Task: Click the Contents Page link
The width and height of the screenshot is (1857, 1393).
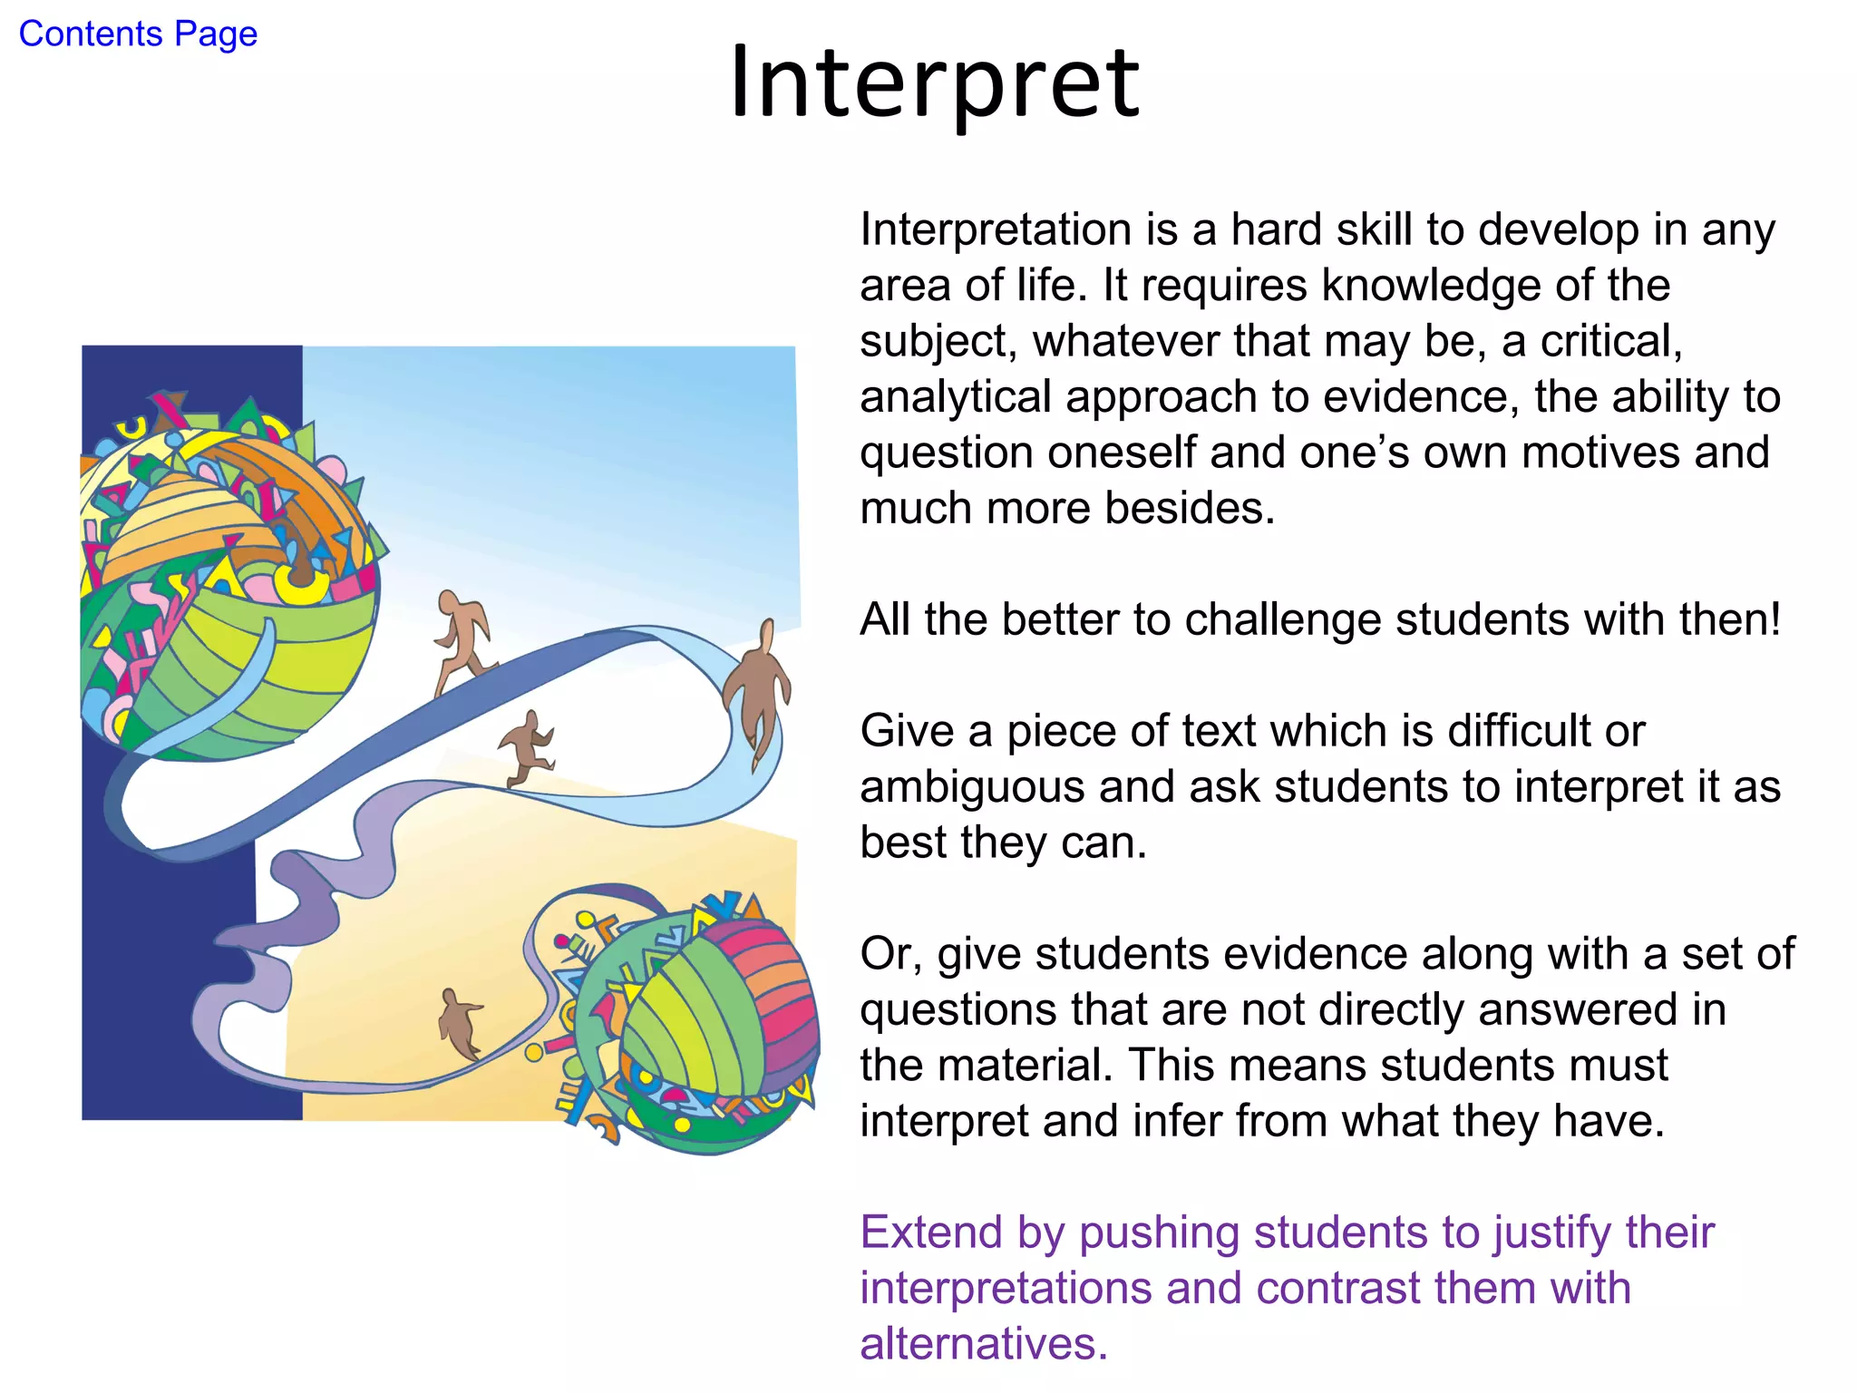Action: point(138,34)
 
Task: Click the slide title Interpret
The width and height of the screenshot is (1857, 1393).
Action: point(934,83)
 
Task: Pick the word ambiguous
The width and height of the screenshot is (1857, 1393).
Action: point(971,787)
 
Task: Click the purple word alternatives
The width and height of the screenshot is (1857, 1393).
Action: point(983,1344)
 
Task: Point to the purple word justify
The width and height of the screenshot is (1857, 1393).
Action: point(1551,1233)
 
